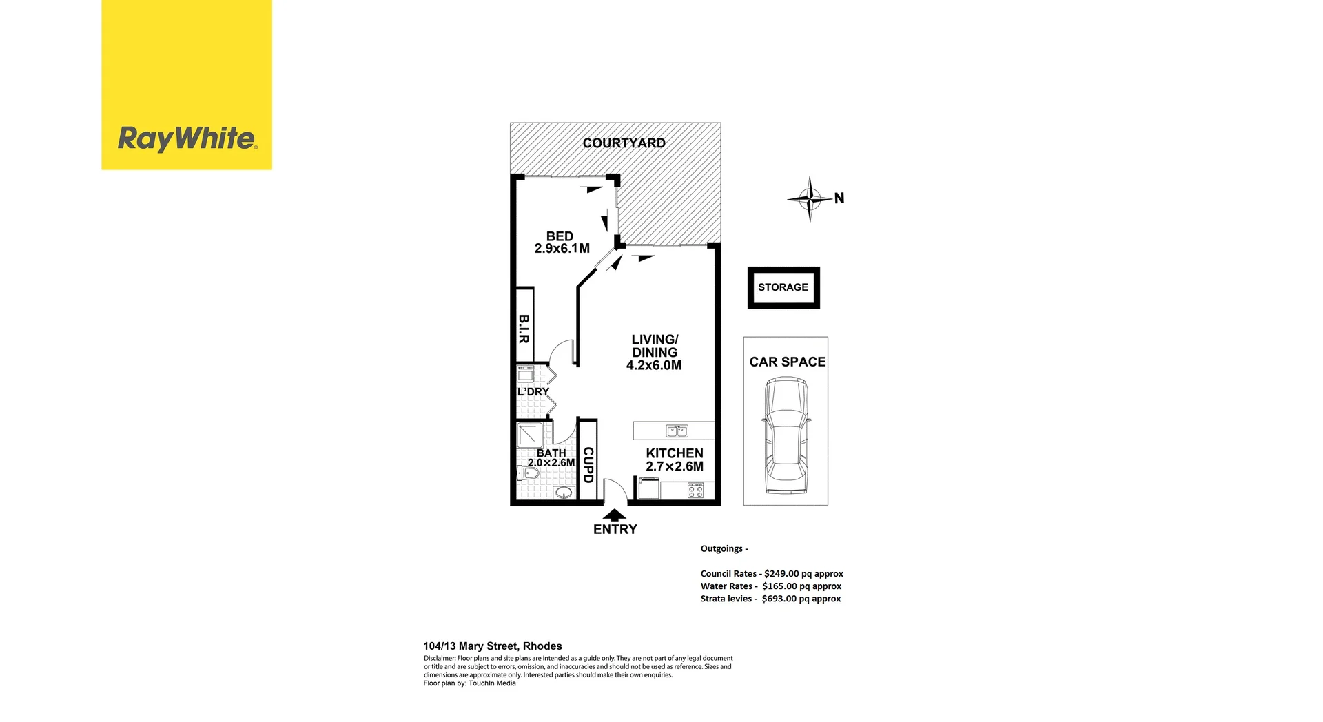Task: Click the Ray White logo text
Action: click(x=187, y=138)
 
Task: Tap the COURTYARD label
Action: click(x=624, y=143)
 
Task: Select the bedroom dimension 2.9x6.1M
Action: click(x=562, y=249)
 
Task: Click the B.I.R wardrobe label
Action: click(x=524, y=329)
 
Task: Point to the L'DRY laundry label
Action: click(x=533, y=392)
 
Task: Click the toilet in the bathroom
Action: click(x=527, y=474)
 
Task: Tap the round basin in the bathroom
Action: click(x=564, y=493)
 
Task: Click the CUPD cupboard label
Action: click(x=588, y=465)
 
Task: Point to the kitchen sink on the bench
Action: click(x=676, y=431)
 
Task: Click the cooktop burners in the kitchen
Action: click(x=695, y=491)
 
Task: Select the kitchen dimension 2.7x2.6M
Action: click(x=674, y=466)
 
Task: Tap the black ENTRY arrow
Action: click(x=614, y=515)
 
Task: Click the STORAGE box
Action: click(x=783, y=287)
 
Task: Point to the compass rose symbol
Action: click(x=810, y=199)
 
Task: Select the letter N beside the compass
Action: click(x=839, y=198)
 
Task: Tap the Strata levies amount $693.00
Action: click(x=779, y=599)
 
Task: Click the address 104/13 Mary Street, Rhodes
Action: click(x=492, y=646)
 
